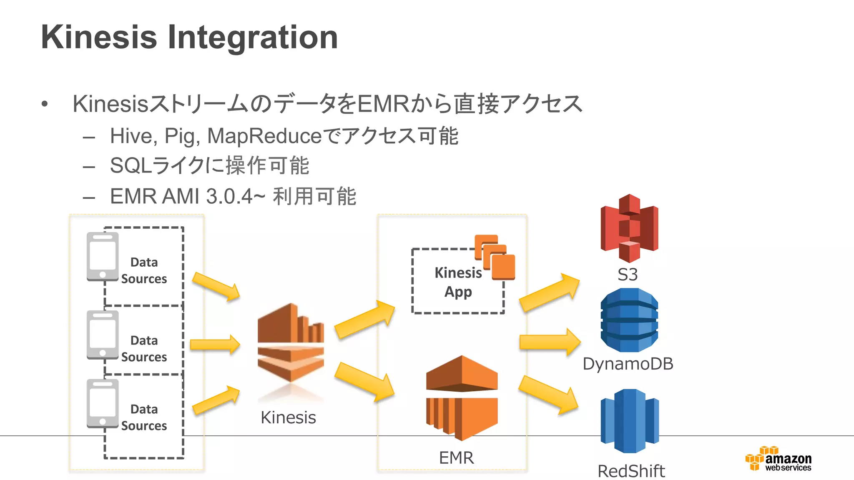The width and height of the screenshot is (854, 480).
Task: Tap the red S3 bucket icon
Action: pos(629,228)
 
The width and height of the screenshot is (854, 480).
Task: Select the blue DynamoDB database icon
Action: pos(629,320)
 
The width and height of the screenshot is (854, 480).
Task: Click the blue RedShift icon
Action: pos(630,421)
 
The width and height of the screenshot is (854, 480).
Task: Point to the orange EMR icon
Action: pos(462,398)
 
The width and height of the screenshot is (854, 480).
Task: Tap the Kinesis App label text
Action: pos(458,282)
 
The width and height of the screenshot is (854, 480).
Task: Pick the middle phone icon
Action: pos(103,335)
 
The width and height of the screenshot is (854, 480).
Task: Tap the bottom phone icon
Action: pos(103,403)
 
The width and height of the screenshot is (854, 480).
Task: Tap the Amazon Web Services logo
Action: pos(778,459)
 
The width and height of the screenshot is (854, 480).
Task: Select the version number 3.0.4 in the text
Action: pos(229,196)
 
